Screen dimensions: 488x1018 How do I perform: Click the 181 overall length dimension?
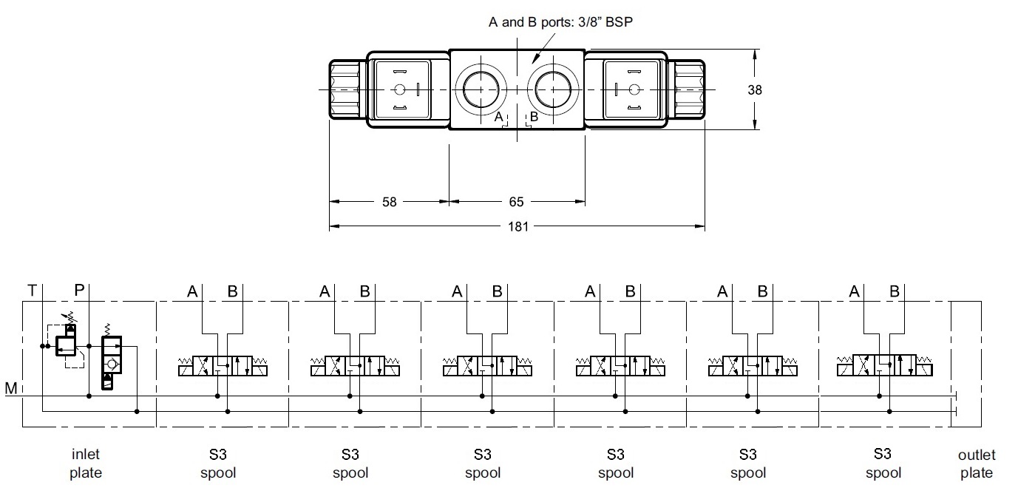[x=518, y=226]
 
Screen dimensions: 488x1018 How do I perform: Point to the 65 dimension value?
[x=517, y=202]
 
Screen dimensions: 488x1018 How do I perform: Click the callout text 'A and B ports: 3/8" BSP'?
[x=560, y=22]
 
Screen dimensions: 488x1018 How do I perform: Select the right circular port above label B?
[x=552, y=90]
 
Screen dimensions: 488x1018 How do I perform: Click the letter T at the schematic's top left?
[x=32, y=291]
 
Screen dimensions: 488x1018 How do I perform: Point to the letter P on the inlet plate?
[x=79, y=291]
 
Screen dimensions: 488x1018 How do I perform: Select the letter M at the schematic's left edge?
[x=10, y=388]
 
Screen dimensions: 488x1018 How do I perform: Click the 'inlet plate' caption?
[x=86, y=464]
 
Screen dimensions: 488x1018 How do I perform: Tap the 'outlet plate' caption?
[x=977, y=464]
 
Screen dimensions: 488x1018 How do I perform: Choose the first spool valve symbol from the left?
[x=223, y=366]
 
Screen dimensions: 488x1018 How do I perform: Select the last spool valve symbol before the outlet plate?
[x=883, y=365]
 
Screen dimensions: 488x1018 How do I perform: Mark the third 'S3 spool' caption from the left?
[x=483, y=464]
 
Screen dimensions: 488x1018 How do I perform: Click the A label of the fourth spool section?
[x=589, y=292]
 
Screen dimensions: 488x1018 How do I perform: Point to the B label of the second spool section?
[x=364, y=292]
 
